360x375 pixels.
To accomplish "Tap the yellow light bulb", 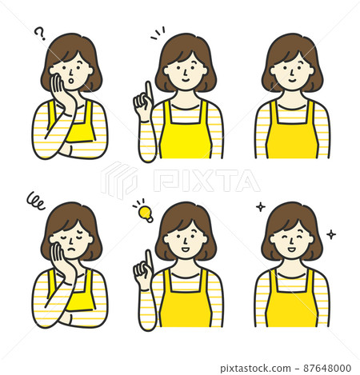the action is point(146,213).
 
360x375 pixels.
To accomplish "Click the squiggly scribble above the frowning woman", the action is point(35,201).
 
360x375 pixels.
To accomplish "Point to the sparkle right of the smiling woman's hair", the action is point(331,234).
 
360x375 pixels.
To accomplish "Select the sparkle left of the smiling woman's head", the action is point(261,207).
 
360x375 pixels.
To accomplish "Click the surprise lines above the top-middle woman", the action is point(158,34).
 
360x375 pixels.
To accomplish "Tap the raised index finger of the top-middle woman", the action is point(149,90).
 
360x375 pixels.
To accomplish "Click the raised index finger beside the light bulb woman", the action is point(148,259).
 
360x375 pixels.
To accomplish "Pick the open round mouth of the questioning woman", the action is point(71,80).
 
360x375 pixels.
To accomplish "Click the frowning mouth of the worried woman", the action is point(70,249).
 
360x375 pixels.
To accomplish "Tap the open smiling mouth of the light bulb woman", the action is point(185,249).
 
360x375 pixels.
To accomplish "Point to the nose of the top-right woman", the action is point(292,71).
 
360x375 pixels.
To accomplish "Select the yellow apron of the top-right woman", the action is point(293,134).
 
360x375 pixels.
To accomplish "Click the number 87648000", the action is point(327,369).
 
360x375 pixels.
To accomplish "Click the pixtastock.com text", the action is point(255,369).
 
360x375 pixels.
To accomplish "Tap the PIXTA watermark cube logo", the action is point(119,180).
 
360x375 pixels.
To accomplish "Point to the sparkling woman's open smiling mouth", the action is point(292,249).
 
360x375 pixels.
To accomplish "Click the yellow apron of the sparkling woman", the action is point(293,302).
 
